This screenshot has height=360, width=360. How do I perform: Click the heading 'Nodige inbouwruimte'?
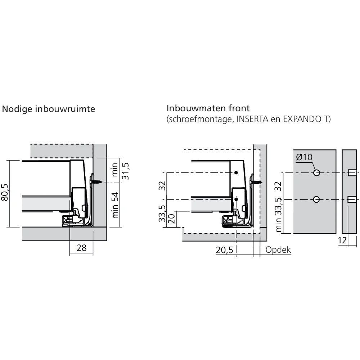pyautogui.click(x=49, y=109)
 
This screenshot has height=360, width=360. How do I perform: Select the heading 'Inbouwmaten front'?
pyautogui.click(x=208, y=108)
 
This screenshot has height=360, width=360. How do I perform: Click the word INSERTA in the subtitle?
pyautogui.click(x=252, y=119)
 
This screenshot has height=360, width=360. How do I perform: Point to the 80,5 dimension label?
pyautogui.click(x=5, y=192)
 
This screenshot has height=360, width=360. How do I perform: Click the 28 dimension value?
pyautogui.click(x=81, y=248)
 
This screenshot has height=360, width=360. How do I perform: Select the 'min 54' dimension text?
pyautogui.click(x=115, y=205)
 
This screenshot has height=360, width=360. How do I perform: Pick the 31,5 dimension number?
pyautogui.click(x=126, y=171)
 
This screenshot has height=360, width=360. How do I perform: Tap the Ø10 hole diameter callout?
pyautogui.click(x=304, y=157)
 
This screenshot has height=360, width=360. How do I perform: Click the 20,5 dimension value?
pyautogui.click(x=224, y=250)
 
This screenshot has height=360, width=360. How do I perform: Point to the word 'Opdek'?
pyautogui.click(x=278, y=250)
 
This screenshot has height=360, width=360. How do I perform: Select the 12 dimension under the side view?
pyautogui.click(x=342, y=240)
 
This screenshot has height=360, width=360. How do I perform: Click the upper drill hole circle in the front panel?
pyautogui.click(x=316, y=173)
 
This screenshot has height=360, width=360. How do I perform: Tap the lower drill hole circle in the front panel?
pyautogui.click(x=316, y=199)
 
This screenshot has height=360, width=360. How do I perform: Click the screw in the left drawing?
pyautogui.click(x=96, y=182)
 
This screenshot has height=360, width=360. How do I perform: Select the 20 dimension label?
pyautogui.click(x=172, y=219)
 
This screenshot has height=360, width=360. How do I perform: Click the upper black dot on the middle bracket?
pyautogui.click(x=236, y=173)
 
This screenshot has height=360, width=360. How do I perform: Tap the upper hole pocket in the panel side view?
pyautogui.click(x=352, y=173)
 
